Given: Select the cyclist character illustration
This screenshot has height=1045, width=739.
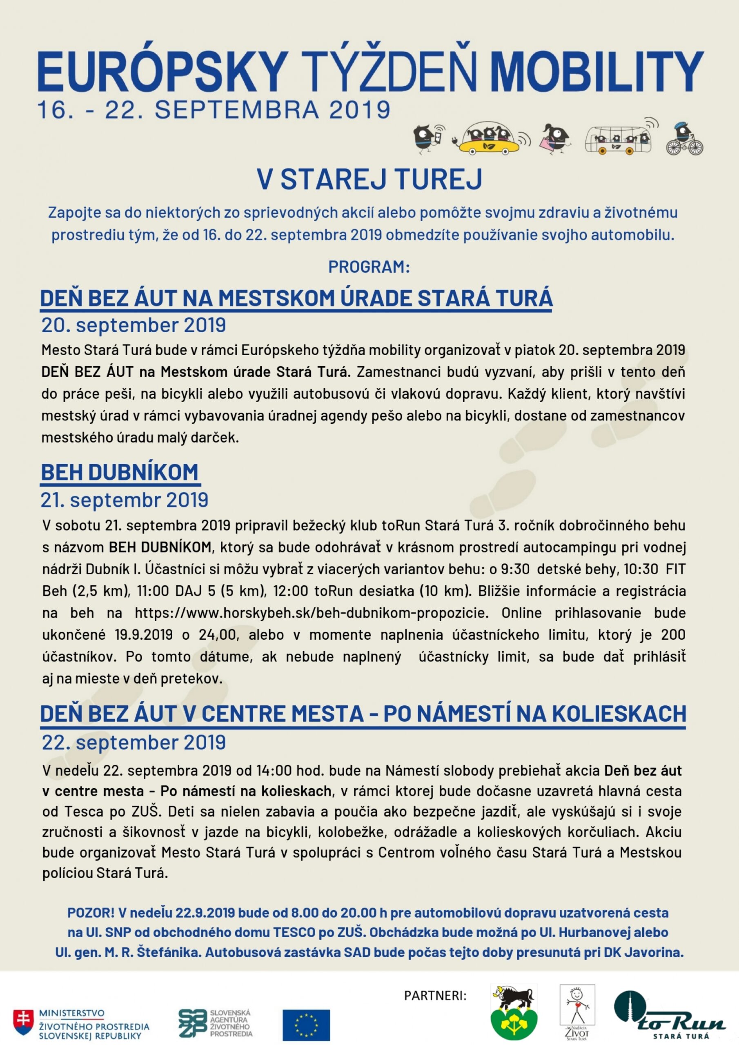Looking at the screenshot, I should click(684, 139).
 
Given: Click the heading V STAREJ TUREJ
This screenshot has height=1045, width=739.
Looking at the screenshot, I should click(369, 179).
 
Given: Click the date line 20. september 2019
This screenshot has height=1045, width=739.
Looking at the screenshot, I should click(134, 325).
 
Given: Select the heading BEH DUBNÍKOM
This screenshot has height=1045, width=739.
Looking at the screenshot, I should click(120, 472).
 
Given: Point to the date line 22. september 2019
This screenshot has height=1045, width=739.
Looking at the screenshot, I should click(134, 743).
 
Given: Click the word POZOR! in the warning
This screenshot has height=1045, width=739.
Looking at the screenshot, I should click(91, 913).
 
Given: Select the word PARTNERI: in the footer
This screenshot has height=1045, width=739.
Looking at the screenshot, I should click(435, 996).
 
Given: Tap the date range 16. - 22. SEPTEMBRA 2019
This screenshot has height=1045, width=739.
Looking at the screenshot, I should click(214, 111).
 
